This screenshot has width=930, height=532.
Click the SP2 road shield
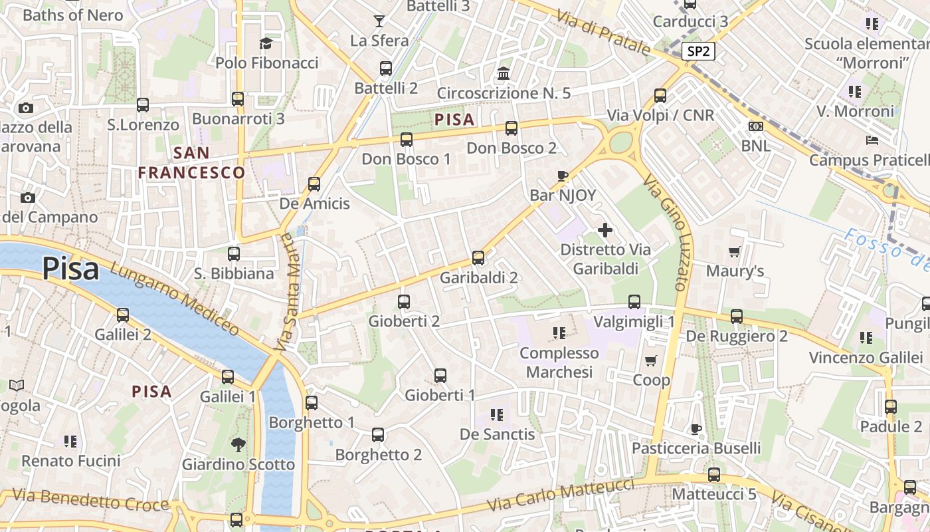pyautogui.click(x=697, y=51)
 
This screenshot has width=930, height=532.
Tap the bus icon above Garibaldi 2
pyautogui.click(x=478, y=258)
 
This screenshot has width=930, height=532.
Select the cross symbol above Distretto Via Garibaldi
pyautogui.click(x=605, y=230)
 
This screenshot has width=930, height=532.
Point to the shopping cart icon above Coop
pyautogui.click(x=651, y=360)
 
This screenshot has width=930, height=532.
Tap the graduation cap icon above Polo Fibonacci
pyautogui.click(x=266, y=44)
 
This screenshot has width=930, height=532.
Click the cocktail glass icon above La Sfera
pyautogui.click(x=379, y=21)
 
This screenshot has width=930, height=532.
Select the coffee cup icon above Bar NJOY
pyautogui.click(x=563, y=176)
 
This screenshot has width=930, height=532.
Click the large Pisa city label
pyautogui.click(x=70, y=269)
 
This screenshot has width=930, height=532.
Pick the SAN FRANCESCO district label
pyautogui.click(x=191, y=163)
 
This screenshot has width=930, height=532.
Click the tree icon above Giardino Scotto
pyautogui.click(x=238, y=445)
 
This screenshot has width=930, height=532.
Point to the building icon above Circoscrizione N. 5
pyautogui.click(x=504, y=73)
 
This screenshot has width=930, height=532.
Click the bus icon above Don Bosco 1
pyautogui.click(x=407, y=140)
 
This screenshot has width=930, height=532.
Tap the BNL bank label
pyautogui.click(x=756, y=145)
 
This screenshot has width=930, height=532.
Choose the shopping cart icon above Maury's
pyautogui.click(x=735, y=251)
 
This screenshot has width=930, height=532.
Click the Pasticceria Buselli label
pyautogui.click(x=696, y=448)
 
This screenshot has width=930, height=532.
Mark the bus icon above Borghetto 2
pyautogui.click(x=378, y=435)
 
